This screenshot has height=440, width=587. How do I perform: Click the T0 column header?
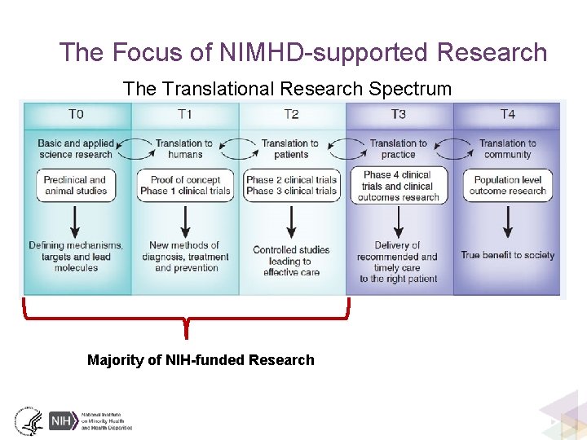(x=76, y=114)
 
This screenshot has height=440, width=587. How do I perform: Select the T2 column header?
(x=291, y=114)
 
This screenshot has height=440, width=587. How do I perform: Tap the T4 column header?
(x=507, y=114)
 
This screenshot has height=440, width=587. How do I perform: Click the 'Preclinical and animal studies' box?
(x=76, y=185)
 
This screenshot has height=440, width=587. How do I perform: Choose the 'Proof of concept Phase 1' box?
(x=185, y=185)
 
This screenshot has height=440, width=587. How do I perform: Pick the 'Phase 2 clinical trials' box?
(x=291, y=185)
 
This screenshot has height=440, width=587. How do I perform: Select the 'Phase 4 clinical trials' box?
(x=398, y=185)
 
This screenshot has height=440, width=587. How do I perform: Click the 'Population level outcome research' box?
(x=507, y=185)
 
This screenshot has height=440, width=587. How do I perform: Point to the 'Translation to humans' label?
(x=185, y=148)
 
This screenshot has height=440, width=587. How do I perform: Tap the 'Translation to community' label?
(x=507, y=148)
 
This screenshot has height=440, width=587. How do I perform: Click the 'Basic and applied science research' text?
(x=76, y=148)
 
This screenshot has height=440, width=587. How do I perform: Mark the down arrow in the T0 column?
(x=76, y=221)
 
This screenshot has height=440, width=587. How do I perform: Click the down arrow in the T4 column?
(x=507, y=221)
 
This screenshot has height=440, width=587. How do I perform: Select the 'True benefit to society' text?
(x=507, y=255)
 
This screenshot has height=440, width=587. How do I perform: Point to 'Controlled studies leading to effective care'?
(x=291, y=261)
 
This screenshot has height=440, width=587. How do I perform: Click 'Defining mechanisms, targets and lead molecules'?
(x=76, y=256)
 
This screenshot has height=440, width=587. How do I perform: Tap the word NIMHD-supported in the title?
(x=325, y=53)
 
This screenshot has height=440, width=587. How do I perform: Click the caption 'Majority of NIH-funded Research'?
(x=201, y=360)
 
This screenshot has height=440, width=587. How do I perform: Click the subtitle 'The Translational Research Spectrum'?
(x=287, y=89)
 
